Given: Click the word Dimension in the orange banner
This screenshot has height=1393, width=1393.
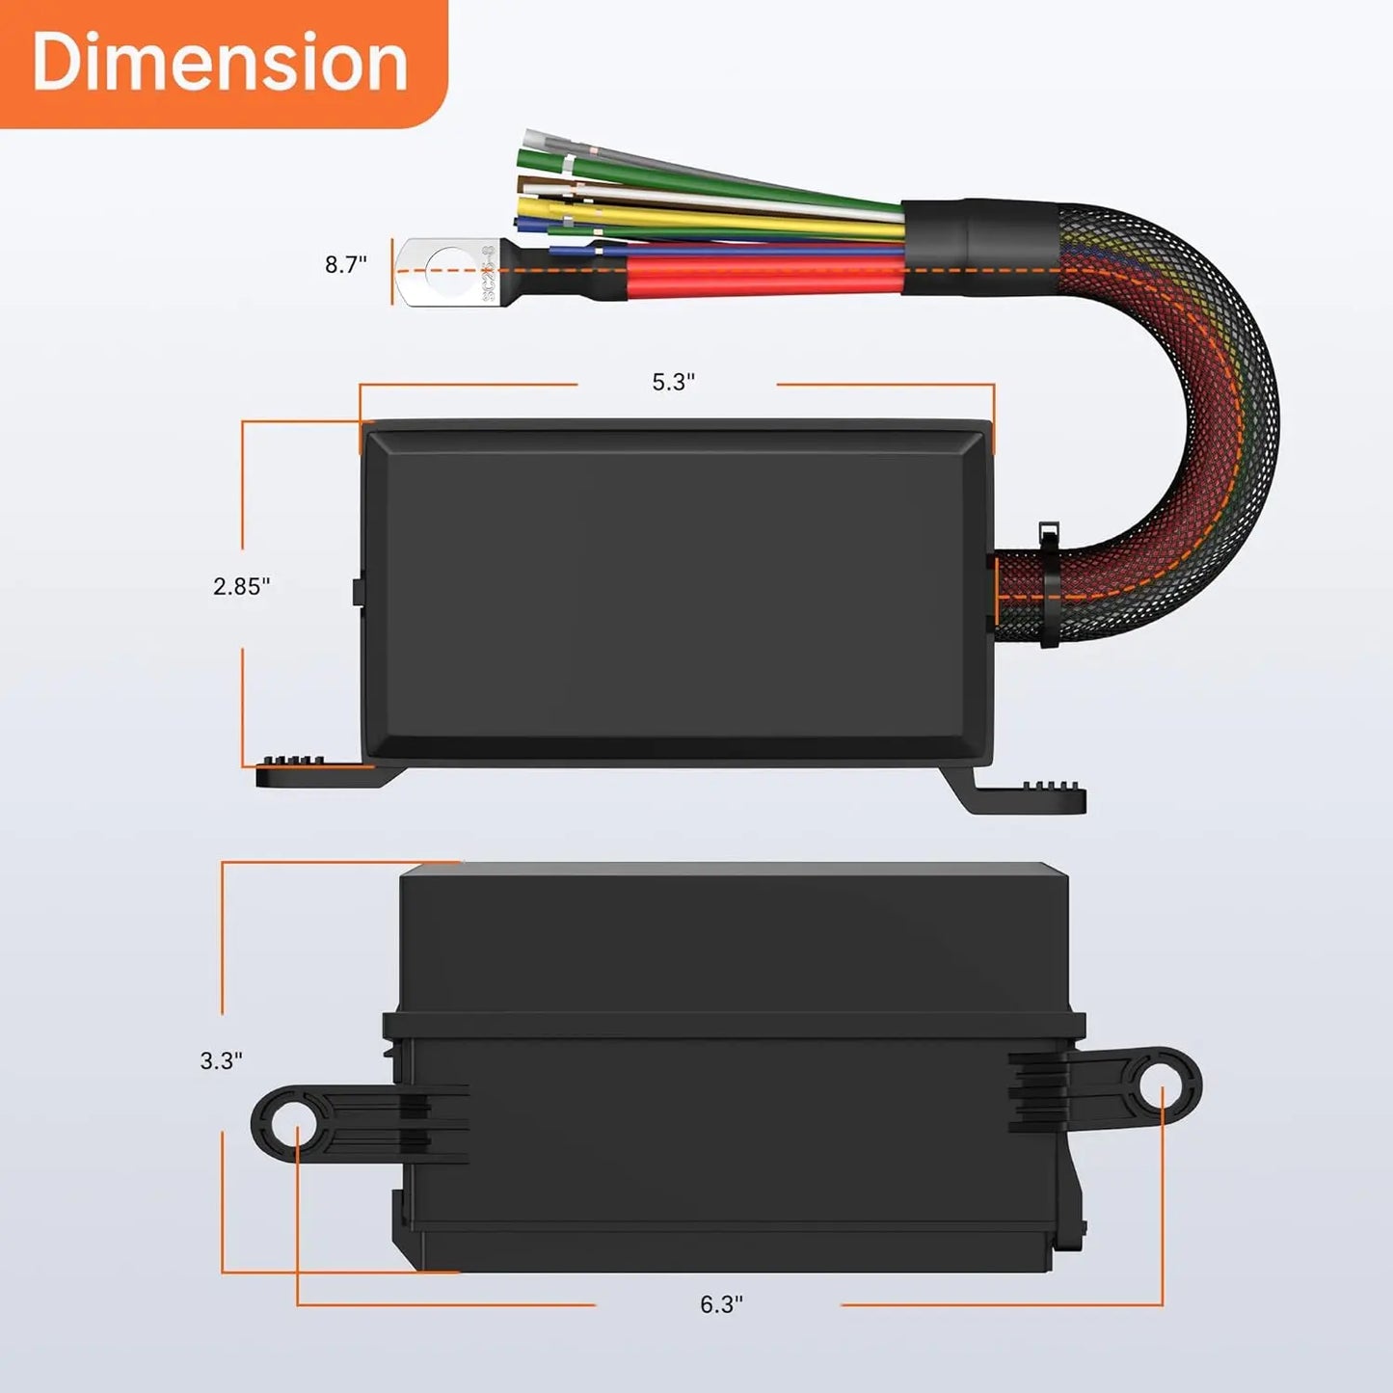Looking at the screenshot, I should click(220, 62).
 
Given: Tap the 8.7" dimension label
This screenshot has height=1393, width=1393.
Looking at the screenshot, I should click(345, 264).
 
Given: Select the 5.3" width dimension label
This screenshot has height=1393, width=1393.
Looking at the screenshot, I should click(673, 382).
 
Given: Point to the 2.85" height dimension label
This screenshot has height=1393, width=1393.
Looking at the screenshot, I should click(241, 586).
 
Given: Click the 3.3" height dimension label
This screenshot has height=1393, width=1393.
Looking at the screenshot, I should click(221, 1060).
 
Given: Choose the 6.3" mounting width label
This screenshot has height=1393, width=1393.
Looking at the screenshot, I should click(721, 1304).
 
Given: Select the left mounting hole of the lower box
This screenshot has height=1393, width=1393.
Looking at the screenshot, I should click(296, 1124).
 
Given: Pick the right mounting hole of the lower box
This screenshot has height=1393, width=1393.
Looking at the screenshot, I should click(1162, 1086).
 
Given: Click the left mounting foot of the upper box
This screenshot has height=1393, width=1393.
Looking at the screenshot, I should click(313, 772).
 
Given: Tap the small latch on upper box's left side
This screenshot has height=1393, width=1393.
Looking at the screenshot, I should click(356, 591).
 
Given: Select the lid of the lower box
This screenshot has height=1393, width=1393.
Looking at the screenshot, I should click(733, 940).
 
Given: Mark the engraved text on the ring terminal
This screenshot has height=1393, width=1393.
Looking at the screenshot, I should click(489, 273).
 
